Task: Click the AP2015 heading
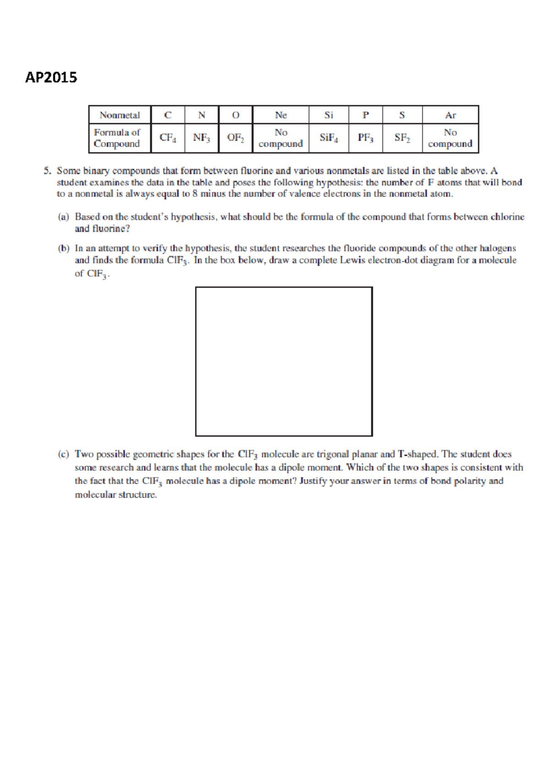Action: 51,77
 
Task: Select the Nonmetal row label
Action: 120,115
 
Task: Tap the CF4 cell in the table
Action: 168,137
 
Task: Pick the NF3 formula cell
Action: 202,137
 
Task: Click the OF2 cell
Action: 236,137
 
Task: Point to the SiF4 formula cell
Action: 328,137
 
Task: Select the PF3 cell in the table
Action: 366,137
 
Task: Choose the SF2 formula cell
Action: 402,137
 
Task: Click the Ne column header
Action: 281,115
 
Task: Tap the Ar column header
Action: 451,115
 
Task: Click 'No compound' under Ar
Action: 450,138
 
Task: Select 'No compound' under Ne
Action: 280,138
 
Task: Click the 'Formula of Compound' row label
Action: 117,138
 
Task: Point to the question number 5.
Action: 47,171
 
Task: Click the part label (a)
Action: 63,217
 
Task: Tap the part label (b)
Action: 63,248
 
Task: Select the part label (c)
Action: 63,454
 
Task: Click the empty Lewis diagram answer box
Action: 284,361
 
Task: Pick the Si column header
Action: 328,115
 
